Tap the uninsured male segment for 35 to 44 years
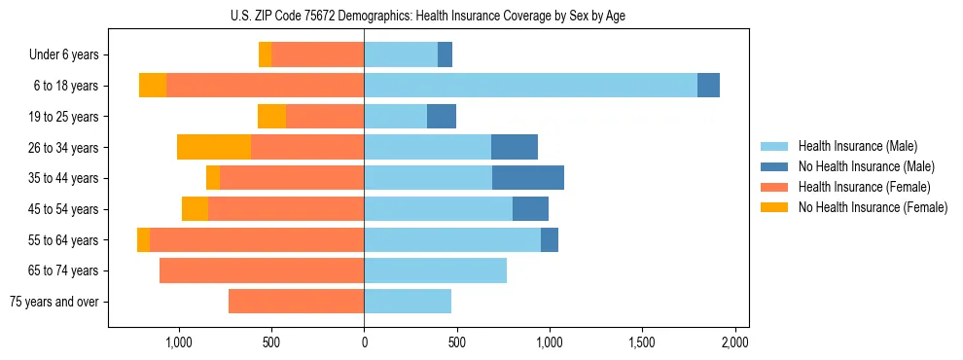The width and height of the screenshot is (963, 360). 528,178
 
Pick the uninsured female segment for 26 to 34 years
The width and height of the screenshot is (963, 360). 214,147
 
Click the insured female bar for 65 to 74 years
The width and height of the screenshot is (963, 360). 262,270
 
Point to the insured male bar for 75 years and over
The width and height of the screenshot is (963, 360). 408,302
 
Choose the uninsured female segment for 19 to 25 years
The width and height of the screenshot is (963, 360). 271,117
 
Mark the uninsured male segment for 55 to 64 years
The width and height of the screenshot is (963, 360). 550,239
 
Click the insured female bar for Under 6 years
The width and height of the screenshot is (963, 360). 317,54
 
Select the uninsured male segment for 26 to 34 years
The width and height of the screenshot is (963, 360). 515,147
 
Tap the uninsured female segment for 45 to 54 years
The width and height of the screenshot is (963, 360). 195,209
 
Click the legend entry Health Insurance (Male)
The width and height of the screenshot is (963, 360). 857,146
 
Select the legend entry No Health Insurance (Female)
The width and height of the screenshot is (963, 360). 873,207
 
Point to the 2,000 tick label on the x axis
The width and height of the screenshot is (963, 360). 734,342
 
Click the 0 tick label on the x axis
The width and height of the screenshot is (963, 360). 364,342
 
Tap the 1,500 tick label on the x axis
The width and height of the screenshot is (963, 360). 642,342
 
